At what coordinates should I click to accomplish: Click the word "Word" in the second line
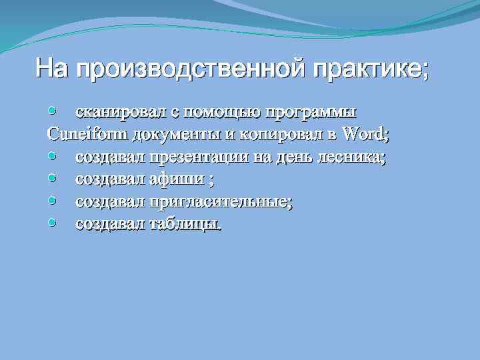tap(363, 133)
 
